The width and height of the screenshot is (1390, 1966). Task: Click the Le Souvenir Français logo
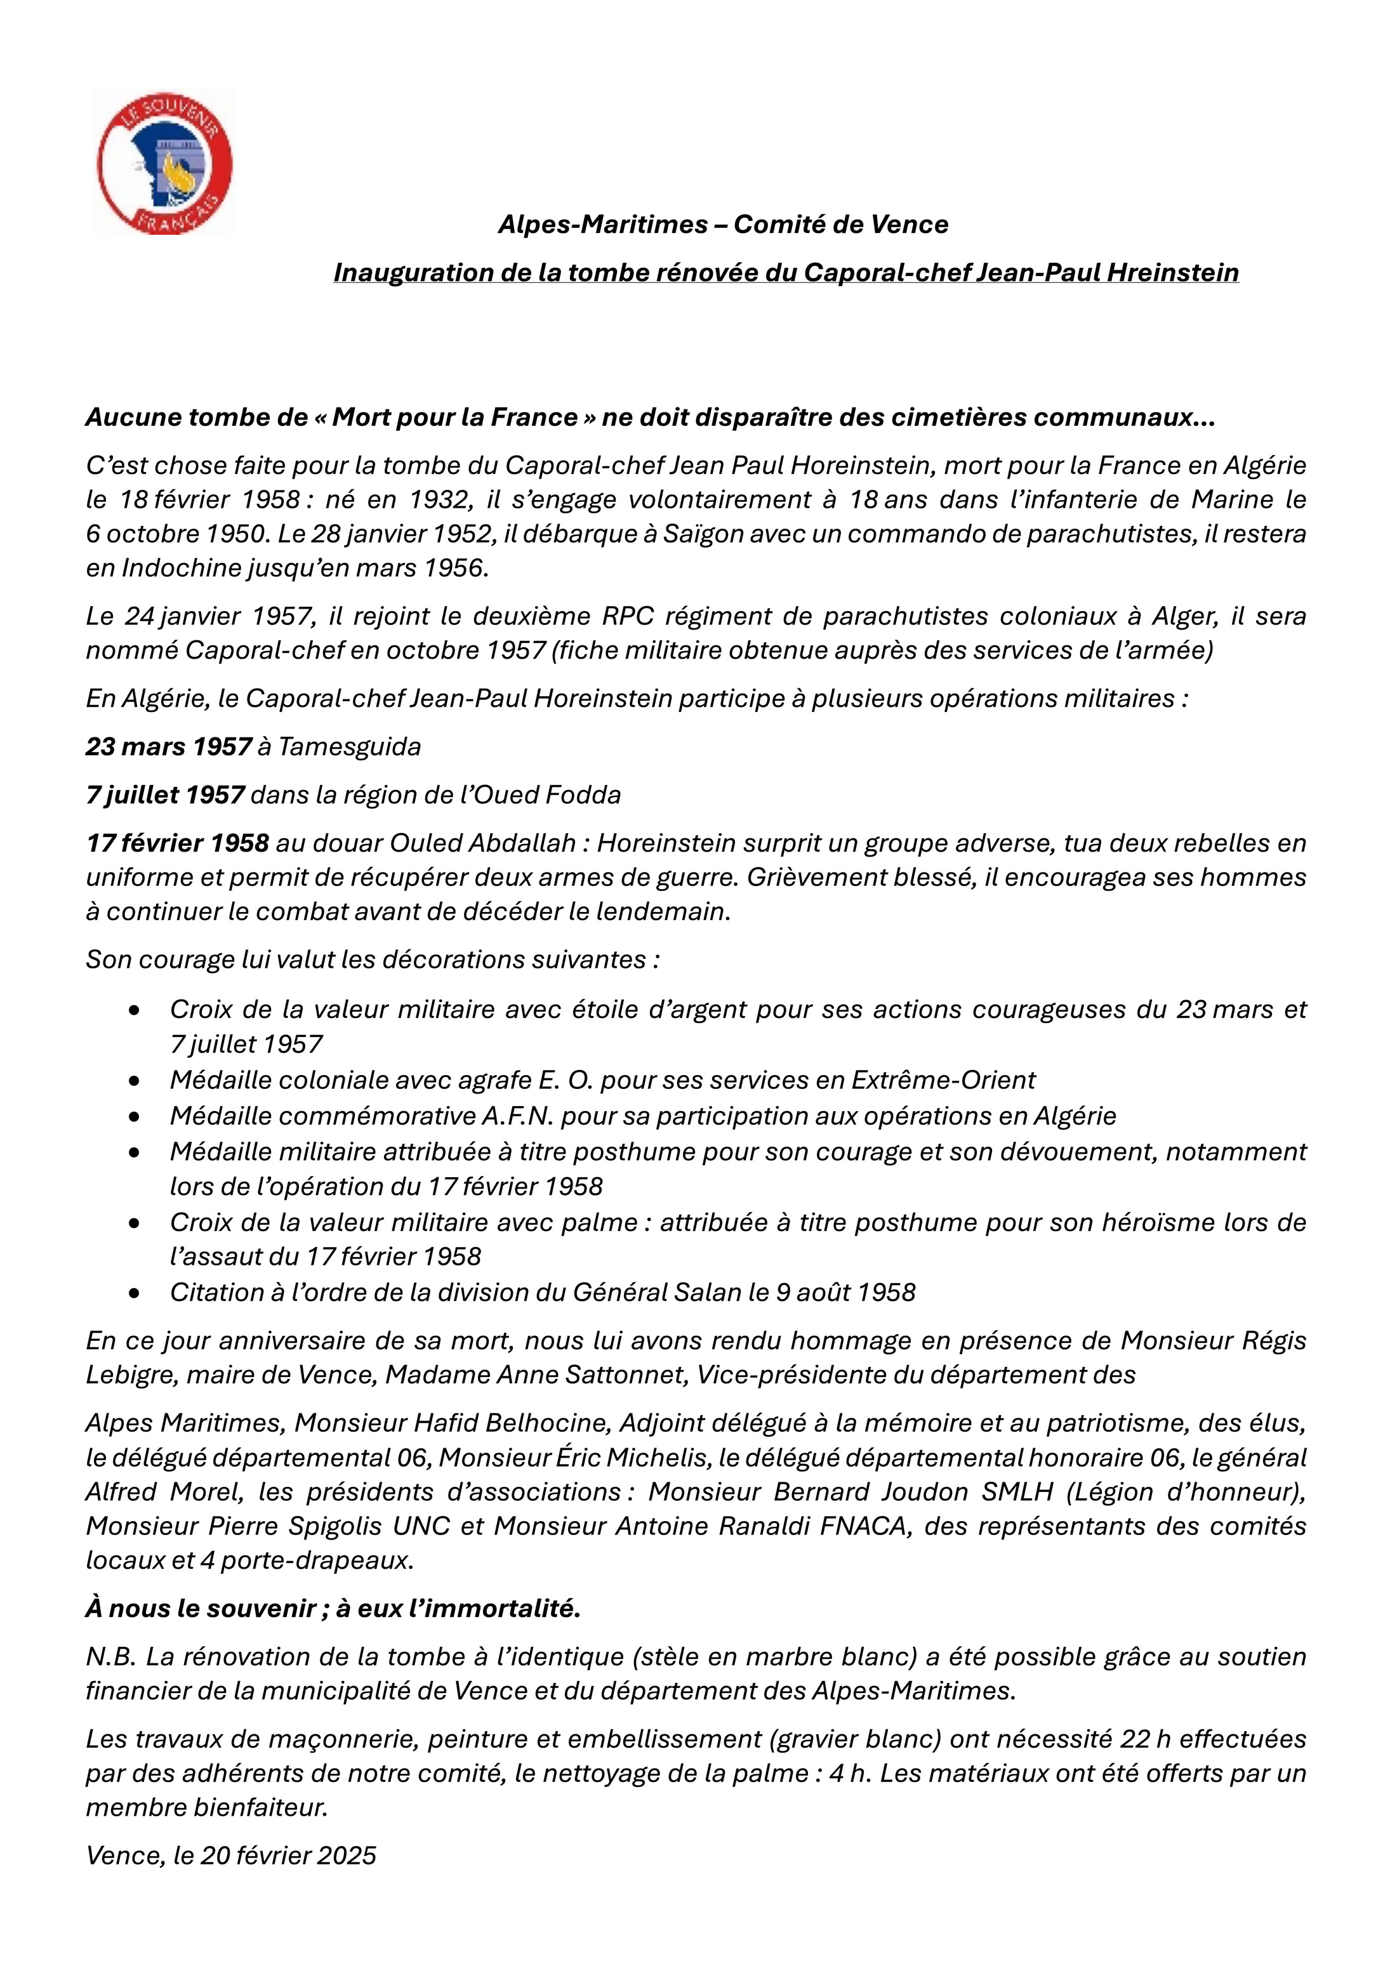click(164, 162)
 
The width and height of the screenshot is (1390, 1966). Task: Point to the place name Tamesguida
click(350, 747)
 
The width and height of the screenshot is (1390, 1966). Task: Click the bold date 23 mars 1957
click(169, 747)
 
